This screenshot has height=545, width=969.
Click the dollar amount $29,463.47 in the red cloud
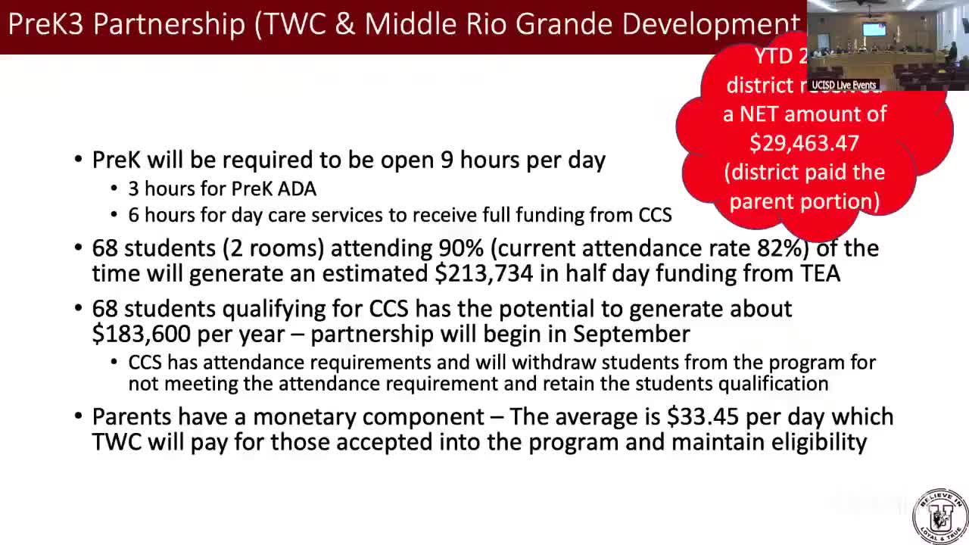pos(804,143)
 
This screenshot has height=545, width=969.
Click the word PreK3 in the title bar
pos(46,24)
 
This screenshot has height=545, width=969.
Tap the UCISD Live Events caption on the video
pos(843,86)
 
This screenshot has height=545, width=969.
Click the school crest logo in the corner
pos(939,517)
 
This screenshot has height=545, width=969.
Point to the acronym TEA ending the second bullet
pos(820,273)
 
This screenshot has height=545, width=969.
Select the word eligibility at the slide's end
pos(819,442)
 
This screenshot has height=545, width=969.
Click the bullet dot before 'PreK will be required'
pos(79,160)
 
